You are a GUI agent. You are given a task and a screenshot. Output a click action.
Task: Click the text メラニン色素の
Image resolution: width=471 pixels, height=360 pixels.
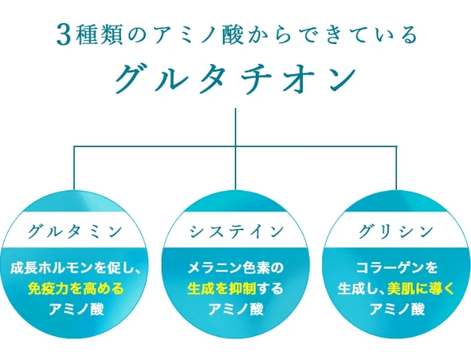tap(235, 267)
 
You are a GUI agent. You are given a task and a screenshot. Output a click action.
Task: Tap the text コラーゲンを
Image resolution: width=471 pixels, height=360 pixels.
tap(397, 267)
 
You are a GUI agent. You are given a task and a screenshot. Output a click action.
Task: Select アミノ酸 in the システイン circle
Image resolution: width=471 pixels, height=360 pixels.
tap(235, 308)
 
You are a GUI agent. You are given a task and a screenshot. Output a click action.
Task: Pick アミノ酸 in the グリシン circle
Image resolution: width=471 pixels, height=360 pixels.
tap(397, 308)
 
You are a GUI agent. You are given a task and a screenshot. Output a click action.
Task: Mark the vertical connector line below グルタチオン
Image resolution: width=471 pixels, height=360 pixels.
tap(235, 127)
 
